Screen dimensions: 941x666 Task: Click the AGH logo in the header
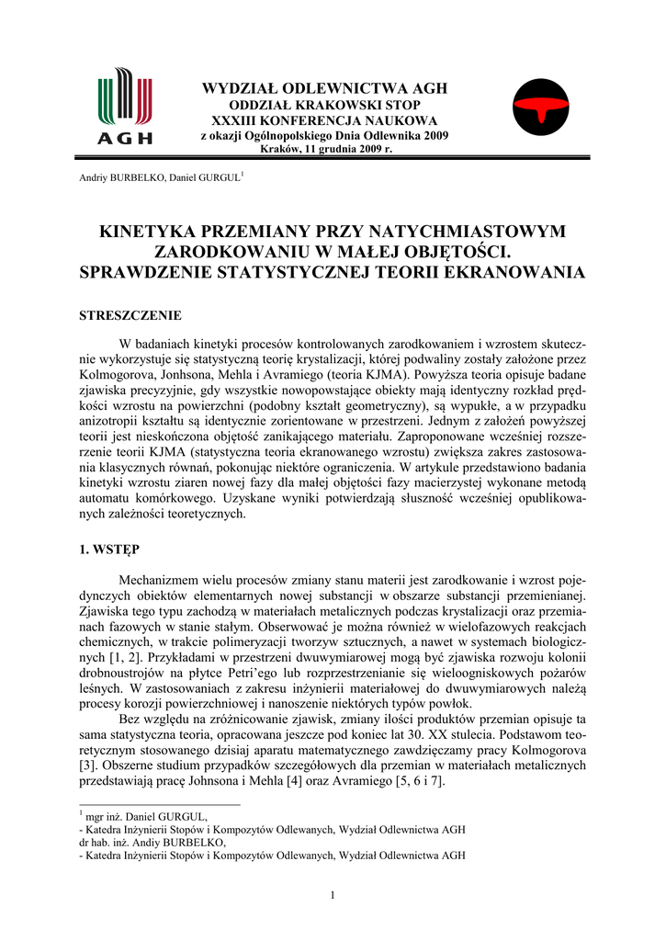click(125, 108)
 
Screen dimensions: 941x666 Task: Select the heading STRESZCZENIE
click(130, 315)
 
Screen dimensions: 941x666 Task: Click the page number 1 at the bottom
click(333, 896)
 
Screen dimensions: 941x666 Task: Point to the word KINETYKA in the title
click(151, 232)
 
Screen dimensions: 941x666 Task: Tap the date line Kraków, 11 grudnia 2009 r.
click(325, 149)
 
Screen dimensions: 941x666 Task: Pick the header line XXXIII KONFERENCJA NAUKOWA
click(324, 120)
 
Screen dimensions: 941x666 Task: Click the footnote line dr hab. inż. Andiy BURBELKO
click(152, 842)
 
